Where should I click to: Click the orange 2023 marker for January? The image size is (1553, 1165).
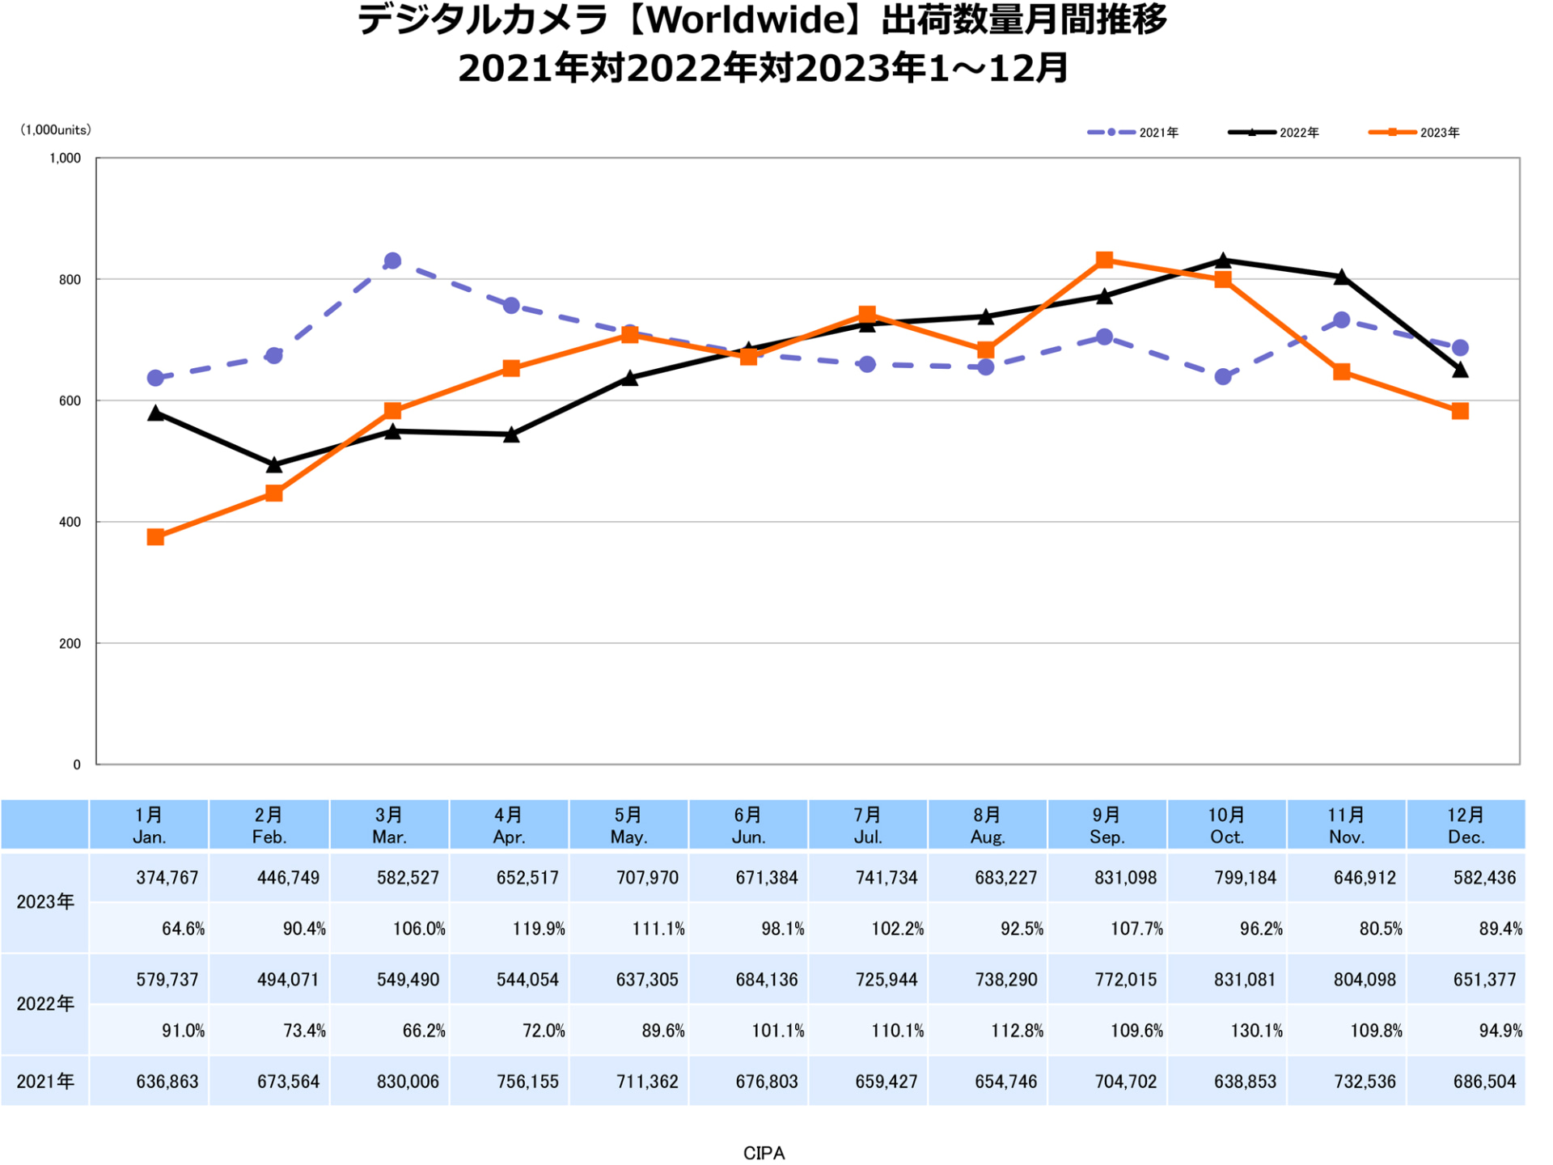pos(155,537)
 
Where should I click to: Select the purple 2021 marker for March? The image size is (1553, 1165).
pos(392,261)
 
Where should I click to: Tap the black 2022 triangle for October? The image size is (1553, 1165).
pos(1223,261)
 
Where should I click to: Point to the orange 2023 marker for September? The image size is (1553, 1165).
pos(1104,260)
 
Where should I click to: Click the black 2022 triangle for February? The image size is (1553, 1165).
pos(274,465)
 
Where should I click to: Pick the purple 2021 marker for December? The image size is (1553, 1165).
pos(1460,348)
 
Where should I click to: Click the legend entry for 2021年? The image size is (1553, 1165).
pos(1133,132)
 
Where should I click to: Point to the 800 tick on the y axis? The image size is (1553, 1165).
pos(70,280)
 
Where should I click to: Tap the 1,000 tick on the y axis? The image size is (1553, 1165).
pos(66,159)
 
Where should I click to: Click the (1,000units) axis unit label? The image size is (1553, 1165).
pos(56,129)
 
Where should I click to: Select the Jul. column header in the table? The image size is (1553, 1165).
pos(867,825)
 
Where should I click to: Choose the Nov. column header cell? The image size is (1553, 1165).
pos(1346,825)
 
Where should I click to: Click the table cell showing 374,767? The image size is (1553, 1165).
pos(167,878)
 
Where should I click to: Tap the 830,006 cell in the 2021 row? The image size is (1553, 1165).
pos(407,1082)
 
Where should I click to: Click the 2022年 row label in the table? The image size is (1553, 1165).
pos(45,1004)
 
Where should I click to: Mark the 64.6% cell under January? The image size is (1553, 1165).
pos(183,929)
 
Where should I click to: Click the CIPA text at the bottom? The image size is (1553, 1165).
pos(764,1153)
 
